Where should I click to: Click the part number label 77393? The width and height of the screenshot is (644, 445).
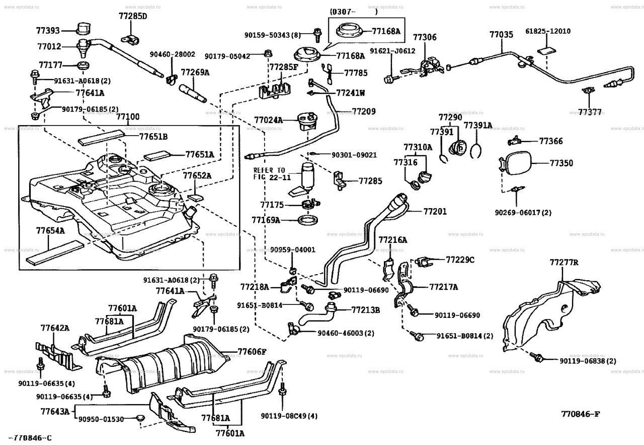point(48,31)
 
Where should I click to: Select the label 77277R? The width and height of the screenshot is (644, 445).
point(564,263)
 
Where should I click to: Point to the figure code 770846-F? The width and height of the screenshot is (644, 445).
point(581,414)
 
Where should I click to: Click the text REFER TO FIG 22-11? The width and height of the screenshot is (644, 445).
point(269,173)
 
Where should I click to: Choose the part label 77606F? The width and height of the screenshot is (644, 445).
point(252,352)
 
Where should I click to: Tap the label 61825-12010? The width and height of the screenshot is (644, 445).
point(548,31)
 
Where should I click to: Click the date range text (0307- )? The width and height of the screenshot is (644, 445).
point(354,12)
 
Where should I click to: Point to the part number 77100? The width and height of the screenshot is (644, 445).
point(128,116)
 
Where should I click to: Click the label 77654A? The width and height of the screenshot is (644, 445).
point(50,230)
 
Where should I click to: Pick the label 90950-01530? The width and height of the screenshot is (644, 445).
point(101,419)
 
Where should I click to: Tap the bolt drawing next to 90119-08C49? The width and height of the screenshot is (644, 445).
point(283,390)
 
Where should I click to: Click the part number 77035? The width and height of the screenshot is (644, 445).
point(502,35)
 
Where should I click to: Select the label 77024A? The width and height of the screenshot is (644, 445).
point(268,120)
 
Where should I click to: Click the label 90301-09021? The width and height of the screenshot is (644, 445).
point(354,155)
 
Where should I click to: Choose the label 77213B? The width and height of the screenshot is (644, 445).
point(366,310)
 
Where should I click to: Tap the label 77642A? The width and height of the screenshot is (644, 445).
point(55,328)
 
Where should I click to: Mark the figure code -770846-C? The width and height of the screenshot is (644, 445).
point(30,438)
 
